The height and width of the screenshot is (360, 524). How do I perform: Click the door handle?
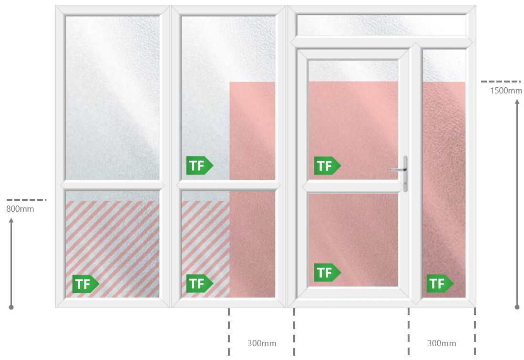click(405, 174)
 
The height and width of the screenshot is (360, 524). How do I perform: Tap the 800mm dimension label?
click(20, 209)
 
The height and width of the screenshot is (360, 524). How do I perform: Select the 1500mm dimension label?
click(506, 90)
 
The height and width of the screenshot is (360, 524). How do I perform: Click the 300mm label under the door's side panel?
click(442, 343)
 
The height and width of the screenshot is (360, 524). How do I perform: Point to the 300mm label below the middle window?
click(262, 343)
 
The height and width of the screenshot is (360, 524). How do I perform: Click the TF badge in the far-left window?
click(85, 284)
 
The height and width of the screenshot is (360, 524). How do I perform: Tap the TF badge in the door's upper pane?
click(327, 165)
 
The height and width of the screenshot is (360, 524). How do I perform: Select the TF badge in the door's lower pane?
click(327, 272)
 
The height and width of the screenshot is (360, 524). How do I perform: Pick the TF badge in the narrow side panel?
click(440, 283)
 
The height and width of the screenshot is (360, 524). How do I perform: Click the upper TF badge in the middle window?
click(199, 165)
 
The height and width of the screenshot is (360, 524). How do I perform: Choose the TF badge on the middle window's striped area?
click(199, 283)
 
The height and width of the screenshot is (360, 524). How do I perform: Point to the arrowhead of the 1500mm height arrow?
click(517, 102)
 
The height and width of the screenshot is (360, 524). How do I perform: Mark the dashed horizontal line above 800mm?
click(26, 200)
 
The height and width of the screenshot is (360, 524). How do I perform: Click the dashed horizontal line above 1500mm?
click(501, 81)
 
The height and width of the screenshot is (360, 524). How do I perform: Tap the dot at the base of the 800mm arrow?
click(11, 307)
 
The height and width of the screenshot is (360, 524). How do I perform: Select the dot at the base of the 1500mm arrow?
click(517, 307)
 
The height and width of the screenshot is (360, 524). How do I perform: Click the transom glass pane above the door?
click(381, 25)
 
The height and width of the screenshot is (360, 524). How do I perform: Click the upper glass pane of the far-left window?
click(113, 98)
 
